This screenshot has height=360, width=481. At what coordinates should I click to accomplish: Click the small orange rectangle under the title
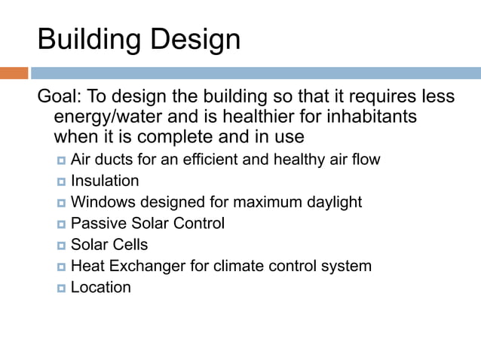point(14,74)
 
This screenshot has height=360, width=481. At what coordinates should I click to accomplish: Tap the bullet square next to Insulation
point(61,182)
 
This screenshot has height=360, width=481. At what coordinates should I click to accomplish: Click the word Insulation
point(105,181)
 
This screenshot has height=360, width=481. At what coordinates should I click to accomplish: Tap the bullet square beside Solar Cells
point(61,246)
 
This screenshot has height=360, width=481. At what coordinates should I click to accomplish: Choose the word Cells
point(130,245)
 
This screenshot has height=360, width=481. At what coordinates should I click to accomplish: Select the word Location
point(100,287)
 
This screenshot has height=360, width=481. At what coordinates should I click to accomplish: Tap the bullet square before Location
point(61,288)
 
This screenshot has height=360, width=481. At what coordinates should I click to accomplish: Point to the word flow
point(366,160)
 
